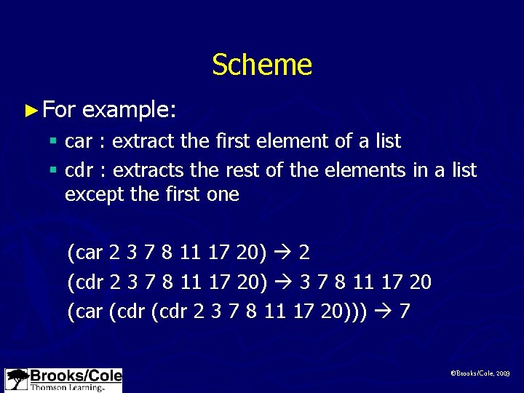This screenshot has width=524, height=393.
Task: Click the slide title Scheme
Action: coord(262,65)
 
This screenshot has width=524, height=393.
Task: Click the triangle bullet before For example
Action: coord(30,111)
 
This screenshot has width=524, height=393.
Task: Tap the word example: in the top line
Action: coord(129,111)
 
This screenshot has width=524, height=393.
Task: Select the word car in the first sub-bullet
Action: coord(79,141)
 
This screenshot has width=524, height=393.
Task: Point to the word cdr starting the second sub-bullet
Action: coord(79,171)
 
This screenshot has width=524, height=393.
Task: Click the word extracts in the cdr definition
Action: coord(148,171)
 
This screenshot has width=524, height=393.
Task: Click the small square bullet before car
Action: coord(52,141)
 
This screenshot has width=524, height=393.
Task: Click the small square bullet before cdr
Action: coord(52,171)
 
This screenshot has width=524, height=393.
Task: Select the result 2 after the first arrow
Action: coord(304,253)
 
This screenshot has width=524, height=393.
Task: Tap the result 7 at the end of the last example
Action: coord(405,311)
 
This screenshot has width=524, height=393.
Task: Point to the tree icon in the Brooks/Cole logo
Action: coord(17,380)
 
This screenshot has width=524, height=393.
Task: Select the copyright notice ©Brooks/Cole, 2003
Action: coord(480,373)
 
